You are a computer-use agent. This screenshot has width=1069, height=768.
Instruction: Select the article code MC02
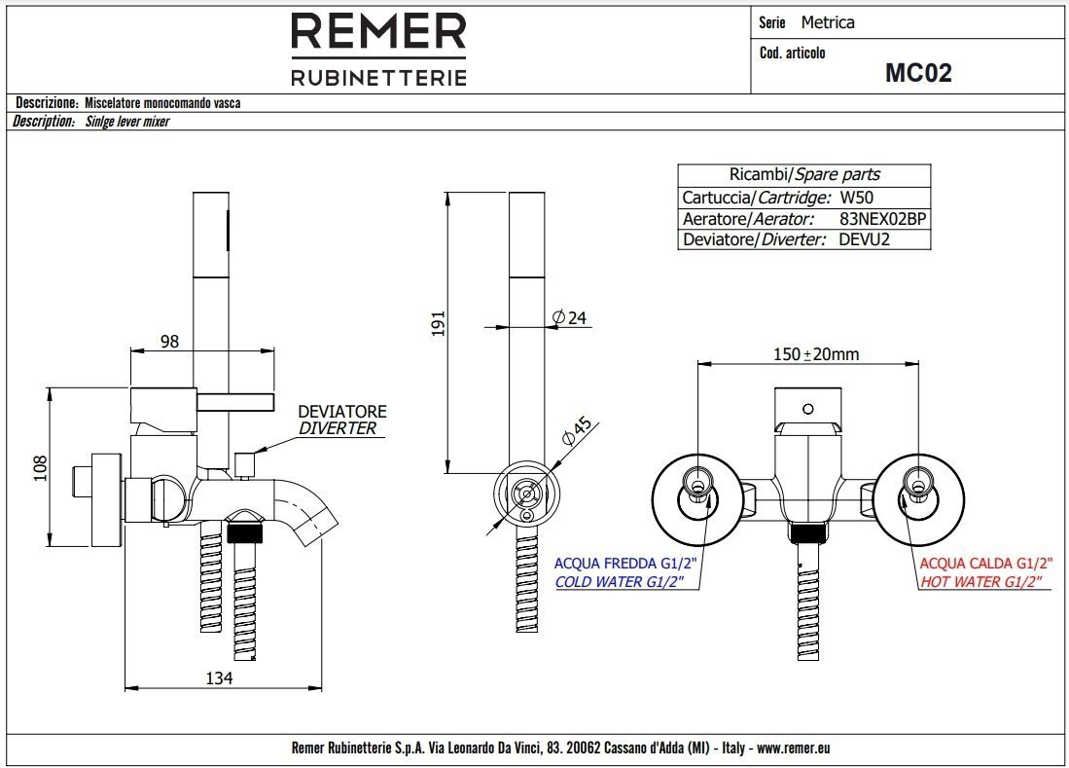point(917,73)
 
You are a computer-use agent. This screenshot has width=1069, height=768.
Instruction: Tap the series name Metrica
point(828,22)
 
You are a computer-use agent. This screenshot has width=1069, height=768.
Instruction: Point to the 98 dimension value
point(169,342)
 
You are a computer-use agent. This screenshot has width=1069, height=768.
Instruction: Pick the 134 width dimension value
point(219,678)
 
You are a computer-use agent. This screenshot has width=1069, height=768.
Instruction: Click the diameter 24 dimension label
point(571,317)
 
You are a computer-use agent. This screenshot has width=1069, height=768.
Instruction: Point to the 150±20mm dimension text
point(816,354)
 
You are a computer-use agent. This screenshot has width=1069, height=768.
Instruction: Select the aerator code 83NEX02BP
point(882,219)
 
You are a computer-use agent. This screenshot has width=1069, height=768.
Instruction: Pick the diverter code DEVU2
point(864,239)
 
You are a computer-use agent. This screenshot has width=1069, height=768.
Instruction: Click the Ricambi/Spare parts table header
point(803,175)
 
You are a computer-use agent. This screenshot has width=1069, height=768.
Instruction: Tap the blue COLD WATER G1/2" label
point(620,582)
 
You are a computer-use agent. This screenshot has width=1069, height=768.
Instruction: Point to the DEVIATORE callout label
point(341,412)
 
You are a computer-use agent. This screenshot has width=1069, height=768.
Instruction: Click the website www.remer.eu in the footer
point(793,749)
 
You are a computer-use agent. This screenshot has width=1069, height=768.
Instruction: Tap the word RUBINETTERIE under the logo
point(378,77)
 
